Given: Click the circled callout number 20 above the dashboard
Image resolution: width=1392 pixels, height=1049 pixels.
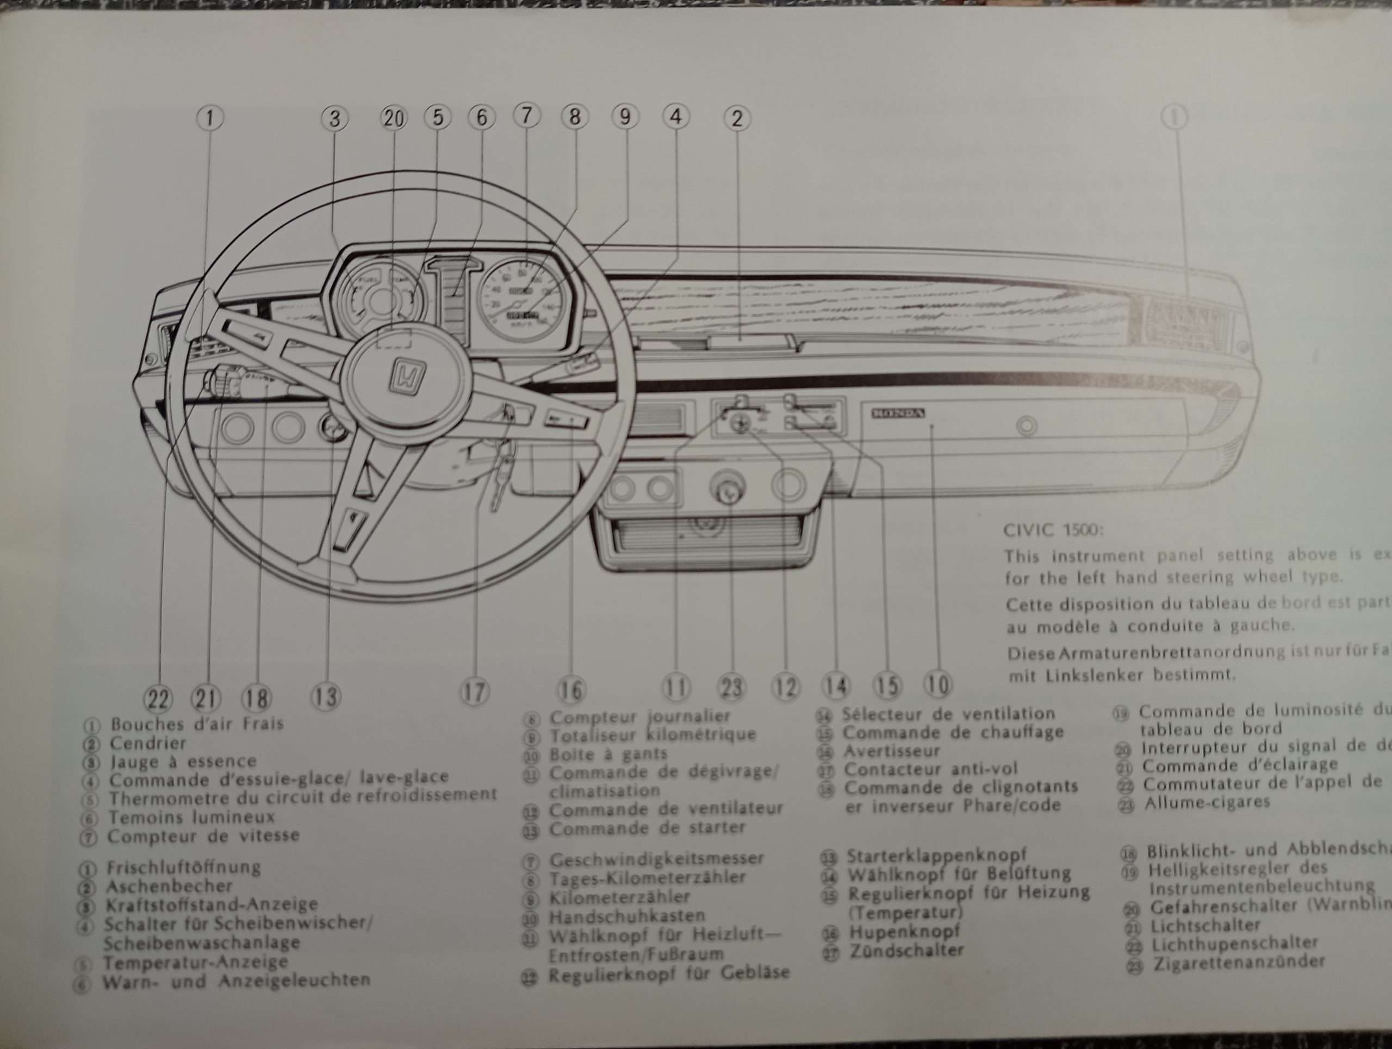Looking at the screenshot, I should (x=394, y=118).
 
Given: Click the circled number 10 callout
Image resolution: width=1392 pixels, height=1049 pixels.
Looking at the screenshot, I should (x=937, y=684).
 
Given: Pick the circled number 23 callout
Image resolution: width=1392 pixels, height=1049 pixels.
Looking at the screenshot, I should (x=732, y=688).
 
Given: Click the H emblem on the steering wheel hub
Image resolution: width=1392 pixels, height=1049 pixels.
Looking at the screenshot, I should (x=408, y=376).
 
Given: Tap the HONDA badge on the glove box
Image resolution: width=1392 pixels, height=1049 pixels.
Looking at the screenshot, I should (x=898, y=413).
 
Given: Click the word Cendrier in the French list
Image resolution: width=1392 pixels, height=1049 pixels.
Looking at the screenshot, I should (x=148, y=743).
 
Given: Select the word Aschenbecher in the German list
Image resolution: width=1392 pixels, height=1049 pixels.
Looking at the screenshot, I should (x=169, y=886).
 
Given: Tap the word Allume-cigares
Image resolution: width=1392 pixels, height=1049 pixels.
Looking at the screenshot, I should (x=1207, y=802).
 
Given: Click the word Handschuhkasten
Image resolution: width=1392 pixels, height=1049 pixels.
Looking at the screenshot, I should (x=627, y=916).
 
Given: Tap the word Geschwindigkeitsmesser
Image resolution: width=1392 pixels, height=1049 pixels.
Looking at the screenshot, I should (x=656, y=859).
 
